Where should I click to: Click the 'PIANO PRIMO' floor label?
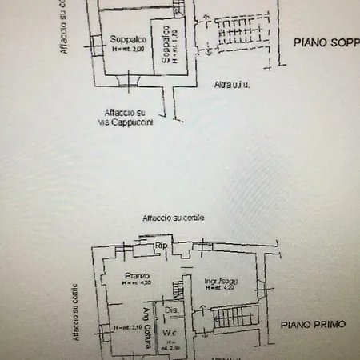tap(313, 325)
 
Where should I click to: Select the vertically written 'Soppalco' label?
tap(163, 45)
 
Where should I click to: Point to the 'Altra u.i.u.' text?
tap(233, 85)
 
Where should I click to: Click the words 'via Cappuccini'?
tap(130, 124)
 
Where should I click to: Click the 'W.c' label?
tap(170, 334)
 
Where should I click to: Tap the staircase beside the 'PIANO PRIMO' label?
tap(232, 323)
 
